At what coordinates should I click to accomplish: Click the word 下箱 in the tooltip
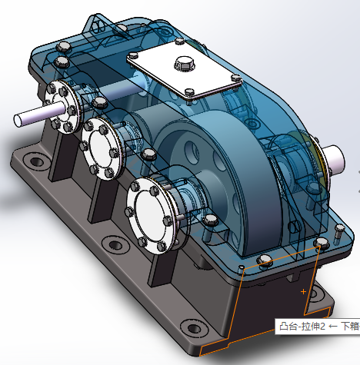348,327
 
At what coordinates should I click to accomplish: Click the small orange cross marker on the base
305,292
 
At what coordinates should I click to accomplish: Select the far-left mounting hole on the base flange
33,162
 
